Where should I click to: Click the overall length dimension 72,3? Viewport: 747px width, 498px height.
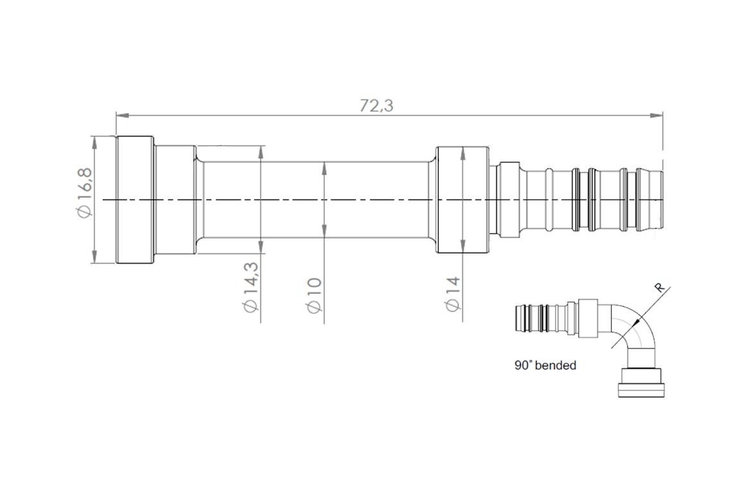coord(376,105)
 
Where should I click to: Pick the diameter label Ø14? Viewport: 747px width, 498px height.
coord(453,293)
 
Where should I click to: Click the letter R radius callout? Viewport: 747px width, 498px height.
coord(660,288)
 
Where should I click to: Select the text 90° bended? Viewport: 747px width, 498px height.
coord(545,365)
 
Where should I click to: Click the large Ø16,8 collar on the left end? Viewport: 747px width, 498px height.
coord(135,200)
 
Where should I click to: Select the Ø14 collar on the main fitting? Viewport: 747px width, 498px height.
coord(463,200)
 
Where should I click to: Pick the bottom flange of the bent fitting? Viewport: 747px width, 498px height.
coord(640,389)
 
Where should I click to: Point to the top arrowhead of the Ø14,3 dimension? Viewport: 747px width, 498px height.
coord(261,151)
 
